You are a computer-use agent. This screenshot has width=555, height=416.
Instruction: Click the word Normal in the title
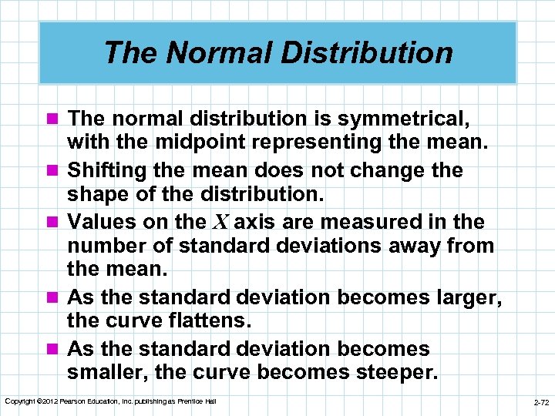[x=201, y=52]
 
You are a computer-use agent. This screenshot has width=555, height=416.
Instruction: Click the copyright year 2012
[x=46, y=401]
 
